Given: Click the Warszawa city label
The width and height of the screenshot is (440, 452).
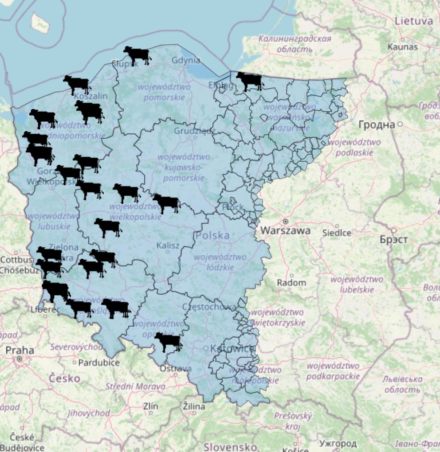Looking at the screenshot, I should click(x=286, y=230).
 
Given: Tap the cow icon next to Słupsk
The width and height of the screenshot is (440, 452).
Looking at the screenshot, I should click(x=137, y=55).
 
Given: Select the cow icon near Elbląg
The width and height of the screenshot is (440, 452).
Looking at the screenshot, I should click(x=249, y=81).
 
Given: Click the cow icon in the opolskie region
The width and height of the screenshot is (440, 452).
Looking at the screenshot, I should click(x=168, y=342).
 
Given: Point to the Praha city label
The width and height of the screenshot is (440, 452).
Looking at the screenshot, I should click(x=20, y=350).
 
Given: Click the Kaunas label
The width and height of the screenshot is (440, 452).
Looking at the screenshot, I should click(x=403, y=47).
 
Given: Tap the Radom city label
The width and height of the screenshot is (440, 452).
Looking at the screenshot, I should click(x=291, y=282).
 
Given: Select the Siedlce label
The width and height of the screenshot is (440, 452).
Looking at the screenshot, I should click(x=337, y=233).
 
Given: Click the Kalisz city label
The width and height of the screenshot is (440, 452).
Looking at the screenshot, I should click(x=168, y=245).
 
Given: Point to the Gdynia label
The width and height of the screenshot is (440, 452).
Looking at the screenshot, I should click(x=186, y=60).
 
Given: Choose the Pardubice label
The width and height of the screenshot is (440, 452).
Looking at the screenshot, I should click(x=99, y=362).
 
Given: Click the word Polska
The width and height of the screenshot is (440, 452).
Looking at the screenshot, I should click(x=213, y=235).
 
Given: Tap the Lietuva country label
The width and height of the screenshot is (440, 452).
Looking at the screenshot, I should click(x=413, y=20).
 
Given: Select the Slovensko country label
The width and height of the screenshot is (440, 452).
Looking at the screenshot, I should click(x=230, y=446).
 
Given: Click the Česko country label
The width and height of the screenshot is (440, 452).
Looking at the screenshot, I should click(x=65, y=378).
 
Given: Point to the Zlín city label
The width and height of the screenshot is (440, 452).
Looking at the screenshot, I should click(x=151, y=405).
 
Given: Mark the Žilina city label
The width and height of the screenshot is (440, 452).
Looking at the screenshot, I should click(x=194, y=406).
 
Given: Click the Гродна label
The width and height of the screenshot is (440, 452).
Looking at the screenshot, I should click(x=377, y=125).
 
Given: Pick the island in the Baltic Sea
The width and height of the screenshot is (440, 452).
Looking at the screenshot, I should click(x=40, y=23).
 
